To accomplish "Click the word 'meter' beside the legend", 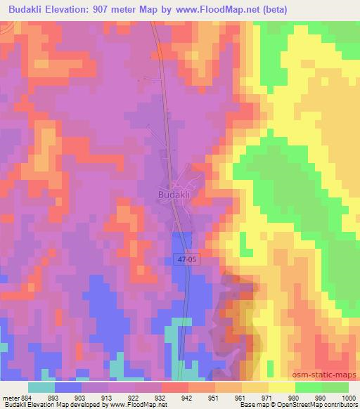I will [x=10, y=397].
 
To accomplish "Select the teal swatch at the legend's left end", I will [x=41, y=387].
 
